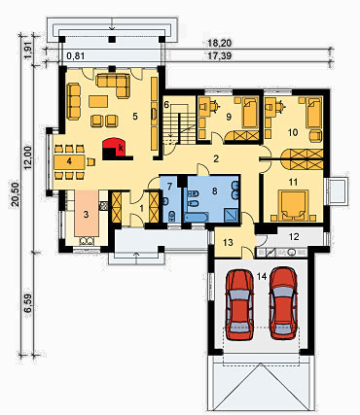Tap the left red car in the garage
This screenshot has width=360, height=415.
[x=239, y=305]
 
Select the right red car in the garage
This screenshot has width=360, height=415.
[x=283, y=303]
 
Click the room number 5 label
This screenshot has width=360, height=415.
[x=135, y=117]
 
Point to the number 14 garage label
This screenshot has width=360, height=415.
[x=262, y=276]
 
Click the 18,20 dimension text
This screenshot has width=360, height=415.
[x=221, y=43]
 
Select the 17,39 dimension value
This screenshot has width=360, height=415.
[x=220, y=56]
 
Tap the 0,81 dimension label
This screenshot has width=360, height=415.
[x=76, y=56]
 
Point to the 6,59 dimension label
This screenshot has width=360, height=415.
[x=28, y=304]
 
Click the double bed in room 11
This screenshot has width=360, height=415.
[x=294, y=205]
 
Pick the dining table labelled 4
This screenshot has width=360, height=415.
[x=70, y=161]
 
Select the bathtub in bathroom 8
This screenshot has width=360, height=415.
[x=196, y=217]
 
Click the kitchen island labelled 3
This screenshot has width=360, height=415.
[x=86, y=214]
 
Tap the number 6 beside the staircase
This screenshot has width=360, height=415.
[x=166, y=105]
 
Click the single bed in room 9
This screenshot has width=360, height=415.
[x=250, y=113]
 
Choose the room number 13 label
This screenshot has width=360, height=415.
[x=229, y=242]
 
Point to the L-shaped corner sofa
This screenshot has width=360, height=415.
[x=113, y=86]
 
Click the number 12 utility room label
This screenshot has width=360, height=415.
[x=294, y=237]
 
